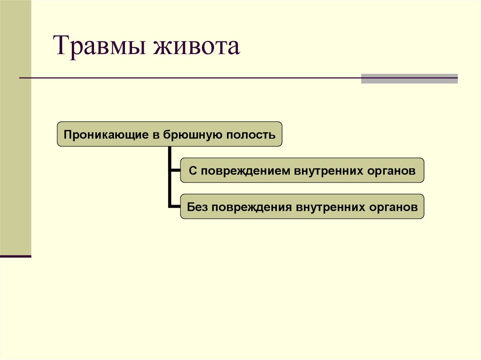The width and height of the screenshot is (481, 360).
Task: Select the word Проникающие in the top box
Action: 107,135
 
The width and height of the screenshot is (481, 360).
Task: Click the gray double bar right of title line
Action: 409,78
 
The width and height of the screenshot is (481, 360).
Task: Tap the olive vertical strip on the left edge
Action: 16,127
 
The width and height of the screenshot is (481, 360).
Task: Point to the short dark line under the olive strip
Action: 16,256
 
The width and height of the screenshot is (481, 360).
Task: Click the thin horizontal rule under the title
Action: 188,77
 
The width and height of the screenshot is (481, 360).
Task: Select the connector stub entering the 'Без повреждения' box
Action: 175,206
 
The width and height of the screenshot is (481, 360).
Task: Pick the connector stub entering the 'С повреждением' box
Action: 175,170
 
